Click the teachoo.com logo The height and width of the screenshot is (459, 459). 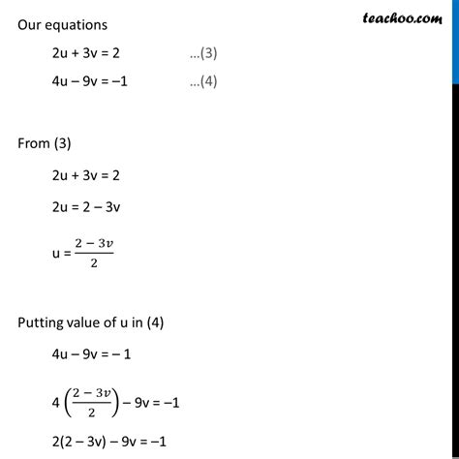[x=401, y=16]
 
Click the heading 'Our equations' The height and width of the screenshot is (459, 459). [x=61, y=24]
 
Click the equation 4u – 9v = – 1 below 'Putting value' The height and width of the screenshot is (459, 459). [x=93, y=354]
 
